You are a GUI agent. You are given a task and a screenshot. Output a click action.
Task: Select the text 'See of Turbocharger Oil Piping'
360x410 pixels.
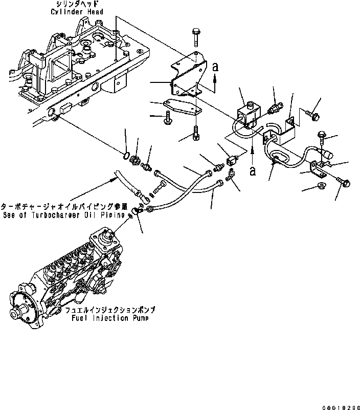pyautogui.click(x=62, y=215)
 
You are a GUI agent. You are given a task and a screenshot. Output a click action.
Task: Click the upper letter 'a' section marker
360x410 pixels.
pyautogui.click(x=215, y=67)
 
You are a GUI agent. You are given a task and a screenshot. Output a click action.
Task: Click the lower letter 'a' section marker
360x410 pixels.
pyautogui.click(x=253, y=171)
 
